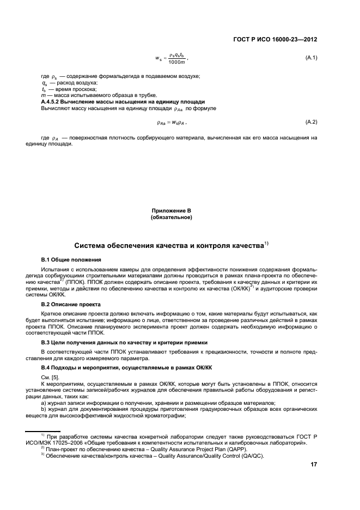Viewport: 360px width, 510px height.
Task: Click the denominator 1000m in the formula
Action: (x=176, y=62)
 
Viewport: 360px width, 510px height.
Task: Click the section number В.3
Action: (x=47, y=342)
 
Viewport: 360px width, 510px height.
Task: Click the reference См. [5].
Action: (x=50, y=378)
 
